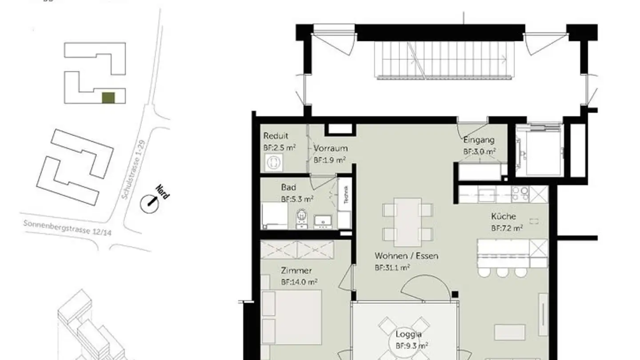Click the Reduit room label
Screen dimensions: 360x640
pyautogui.click(x=276, y=136)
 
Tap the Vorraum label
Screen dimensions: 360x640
pyautogui.click(x=330, y=148)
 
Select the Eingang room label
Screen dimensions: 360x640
pyautogui.click(x=479, y=140)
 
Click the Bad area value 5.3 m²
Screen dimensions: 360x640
pyautogui.click(x=297, y=199)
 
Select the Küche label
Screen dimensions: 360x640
pyautogui.click(x=503, y=216)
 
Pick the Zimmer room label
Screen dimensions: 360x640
pyautogui.click(x=296, y=270)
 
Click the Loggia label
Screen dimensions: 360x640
pyautogui.click(x=408, y=334)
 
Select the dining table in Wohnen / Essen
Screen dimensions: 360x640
pyautogui.click(x=408, y=221)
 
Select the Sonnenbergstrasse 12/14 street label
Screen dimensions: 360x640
pyautogui.click(x=68, y=230)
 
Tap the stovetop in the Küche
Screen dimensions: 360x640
pyautogui.click(x=520, y=194)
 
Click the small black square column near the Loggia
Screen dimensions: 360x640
pyautogui.click(x=455, y=294)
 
